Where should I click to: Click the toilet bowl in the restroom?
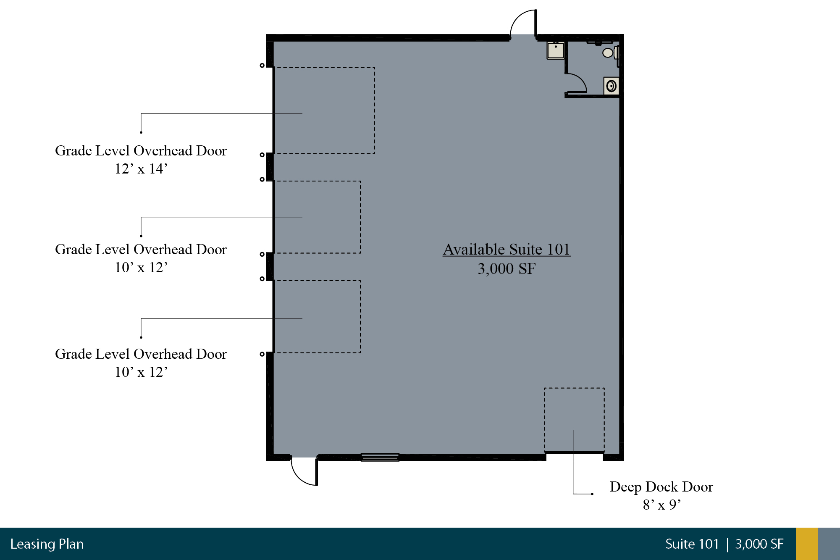point(608,53)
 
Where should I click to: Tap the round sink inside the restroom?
point(612,86)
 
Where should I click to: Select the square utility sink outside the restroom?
point(555,50)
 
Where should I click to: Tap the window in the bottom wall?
point(380,457)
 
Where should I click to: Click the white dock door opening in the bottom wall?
point(574,457)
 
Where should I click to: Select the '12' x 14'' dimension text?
point(141,168)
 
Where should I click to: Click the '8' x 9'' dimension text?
point(661,505)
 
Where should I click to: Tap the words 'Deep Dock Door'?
point(661,486)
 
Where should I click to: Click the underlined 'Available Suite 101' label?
point(507,249)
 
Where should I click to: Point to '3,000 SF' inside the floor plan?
point(507,268)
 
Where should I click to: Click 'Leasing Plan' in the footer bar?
point(47,544)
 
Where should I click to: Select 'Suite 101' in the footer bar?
point(692,544)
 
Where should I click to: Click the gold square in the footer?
point(807,544)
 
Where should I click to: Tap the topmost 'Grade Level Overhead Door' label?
point(141,150)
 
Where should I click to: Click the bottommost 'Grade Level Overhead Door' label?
point(141,354)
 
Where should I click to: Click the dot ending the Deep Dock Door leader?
point(592,494)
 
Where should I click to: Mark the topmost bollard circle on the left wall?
point(262,65)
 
